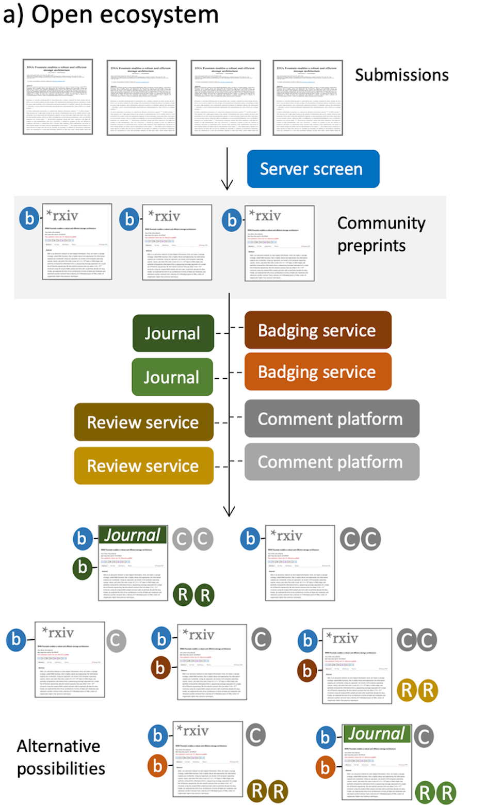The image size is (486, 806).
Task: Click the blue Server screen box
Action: click(313, 169)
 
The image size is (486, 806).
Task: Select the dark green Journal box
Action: click(173, 333)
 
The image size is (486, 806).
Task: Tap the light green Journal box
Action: click(172, 377)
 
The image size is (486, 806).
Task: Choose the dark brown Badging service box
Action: click(317, 330)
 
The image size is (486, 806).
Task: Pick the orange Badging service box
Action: click(317, 372)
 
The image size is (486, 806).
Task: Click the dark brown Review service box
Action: click(143, 422)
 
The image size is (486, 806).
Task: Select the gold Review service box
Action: click(143, 466)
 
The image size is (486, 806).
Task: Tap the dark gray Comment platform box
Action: click(331, 418)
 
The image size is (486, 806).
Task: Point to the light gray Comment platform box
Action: click(331, 462)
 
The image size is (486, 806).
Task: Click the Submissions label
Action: click(401, 75)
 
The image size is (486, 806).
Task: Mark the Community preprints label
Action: click(381, 234)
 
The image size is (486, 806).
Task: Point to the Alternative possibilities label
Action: click(60, 757)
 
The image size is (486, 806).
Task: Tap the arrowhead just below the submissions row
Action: click(227, 184)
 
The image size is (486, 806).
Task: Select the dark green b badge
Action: click(83, 568)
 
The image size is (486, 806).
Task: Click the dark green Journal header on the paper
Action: click(133, 535)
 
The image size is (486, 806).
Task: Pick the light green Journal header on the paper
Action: click(377, 734)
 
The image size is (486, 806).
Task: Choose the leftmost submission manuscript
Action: click(58, 97)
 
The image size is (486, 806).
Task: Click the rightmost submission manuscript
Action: click(307, 98)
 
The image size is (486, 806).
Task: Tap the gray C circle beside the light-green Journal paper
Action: click(424, 736)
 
